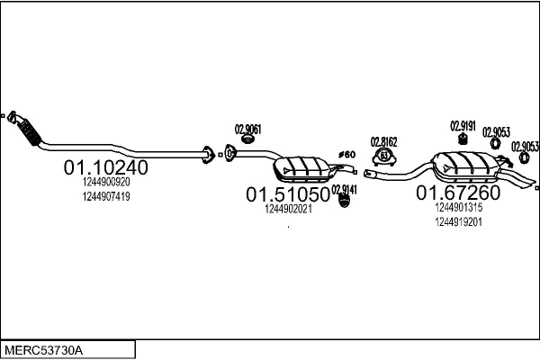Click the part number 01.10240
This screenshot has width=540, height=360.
(105, 167)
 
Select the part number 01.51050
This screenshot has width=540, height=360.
(288, 194)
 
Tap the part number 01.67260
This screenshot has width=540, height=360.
(458, 193)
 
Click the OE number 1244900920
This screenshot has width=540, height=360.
(106, 182)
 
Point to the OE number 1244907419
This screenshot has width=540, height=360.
(106, 197)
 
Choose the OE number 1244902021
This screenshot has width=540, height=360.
(288, 209)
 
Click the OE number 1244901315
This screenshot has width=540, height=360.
(459, 207)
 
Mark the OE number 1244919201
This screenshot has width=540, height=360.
(459, 222)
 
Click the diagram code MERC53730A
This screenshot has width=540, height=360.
(43, 351)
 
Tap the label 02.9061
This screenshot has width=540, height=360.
(248, 130)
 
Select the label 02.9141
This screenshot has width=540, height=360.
(344, 190)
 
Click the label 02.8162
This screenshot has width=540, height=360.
(383, 142)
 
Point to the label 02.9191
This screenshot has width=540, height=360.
(463, 126)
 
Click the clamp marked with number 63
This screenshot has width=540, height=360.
(383, 157)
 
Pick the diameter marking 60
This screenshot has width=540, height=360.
(346, 154)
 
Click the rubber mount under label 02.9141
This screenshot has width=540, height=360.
(344, 201)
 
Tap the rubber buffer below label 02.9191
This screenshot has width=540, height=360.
(463, 139)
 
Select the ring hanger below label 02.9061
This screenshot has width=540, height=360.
(247, 139)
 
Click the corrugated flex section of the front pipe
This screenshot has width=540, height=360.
(31, 132)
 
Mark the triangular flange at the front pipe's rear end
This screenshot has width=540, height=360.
(207, 155)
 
